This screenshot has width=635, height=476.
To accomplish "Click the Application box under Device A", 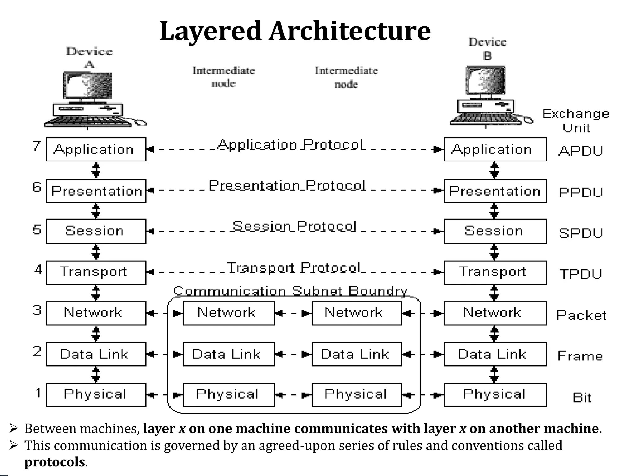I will coord(96,149).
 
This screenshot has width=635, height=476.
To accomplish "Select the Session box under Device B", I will coord(495,231).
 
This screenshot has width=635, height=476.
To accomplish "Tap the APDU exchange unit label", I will coord(581,151).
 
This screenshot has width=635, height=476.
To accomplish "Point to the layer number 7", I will coord(37,146).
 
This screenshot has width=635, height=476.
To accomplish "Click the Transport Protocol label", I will coord(294,268).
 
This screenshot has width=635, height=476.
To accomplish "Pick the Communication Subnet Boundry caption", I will coord(290,291).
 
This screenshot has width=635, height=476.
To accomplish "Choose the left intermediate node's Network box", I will coord(229,313).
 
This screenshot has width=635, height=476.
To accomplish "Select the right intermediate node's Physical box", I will coord(356,394).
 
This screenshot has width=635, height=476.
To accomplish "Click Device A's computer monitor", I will coord(87,86).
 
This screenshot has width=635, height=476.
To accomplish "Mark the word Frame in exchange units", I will coord(580,356).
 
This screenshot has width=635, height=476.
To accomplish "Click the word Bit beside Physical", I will coord(582,398).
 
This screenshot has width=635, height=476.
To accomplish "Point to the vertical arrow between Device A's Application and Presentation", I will coord(96,170).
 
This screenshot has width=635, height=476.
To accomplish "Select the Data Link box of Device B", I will coord(495,354).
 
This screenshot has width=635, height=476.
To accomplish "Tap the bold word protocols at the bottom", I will coord(55,462).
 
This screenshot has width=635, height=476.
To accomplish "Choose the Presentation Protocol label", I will coord(287,185).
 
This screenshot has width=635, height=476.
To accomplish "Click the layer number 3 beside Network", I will coord(37,310).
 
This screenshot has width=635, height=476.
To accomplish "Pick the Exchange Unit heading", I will coord(576,121).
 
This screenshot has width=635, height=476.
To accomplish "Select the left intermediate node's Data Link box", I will coord(229,354).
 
